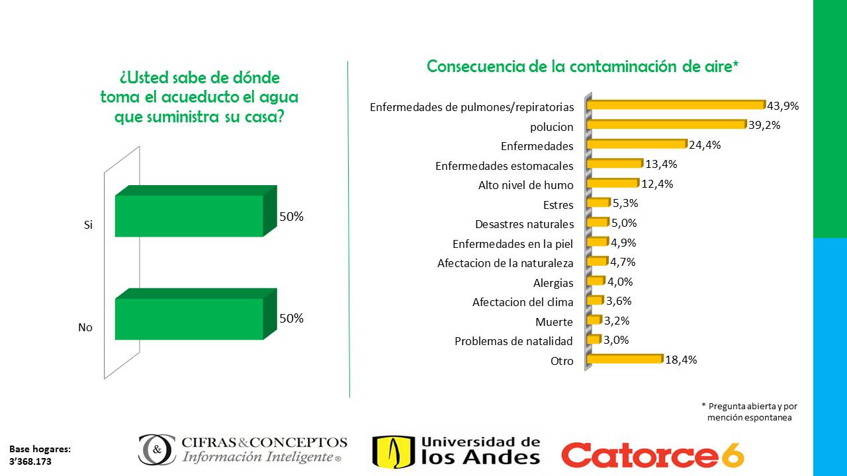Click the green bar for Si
[189, 216]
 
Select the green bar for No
[189, 319]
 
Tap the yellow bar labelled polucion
[666, 124]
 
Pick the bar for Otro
[625, 359]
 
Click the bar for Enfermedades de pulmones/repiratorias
[676, 104]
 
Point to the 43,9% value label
[783, 105]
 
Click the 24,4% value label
[704, 145]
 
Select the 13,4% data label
[661, 164]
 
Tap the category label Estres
[558, 204]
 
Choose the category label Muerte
[554, 322]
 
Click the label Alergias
[553, 283]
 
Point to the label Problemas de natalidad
[513, 341]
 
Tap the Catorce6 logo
[652, 455]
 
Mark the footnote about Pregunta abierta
[749, 411]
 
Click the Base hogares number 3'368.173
[30, 461]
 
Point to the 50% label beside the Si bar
[291, 216]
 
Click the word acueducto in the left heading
[199, 97]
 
